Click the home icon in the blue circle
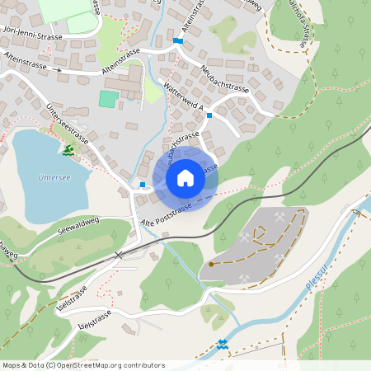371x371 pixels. pos(185,176)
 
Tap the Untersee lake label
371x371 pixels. pos(54,176)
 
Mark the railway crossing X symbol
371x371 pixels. pos(119,255)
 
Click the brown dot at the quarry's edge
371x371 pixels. pos(211,264)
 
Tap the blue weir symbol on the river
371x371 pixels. pos(222,344)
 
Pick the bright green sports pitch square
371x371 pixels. pos(108,99)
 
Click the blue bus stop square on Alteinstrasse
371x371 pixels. pos(177,40)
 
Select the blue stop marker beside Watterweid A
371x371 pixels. pos(209,115)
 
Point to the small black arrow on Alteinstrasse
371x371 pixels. pos(60,70)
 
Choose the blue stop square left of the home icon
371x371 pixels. pos(143,185)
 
